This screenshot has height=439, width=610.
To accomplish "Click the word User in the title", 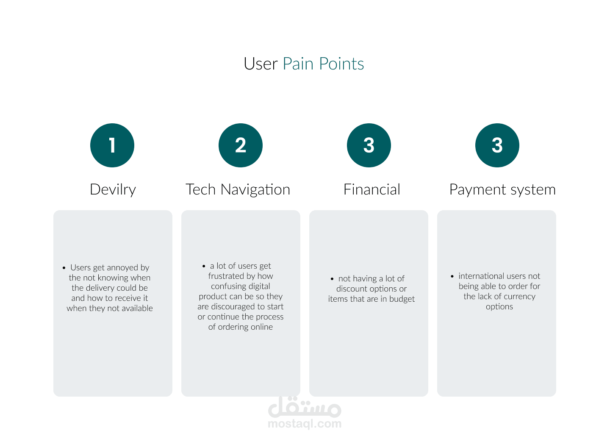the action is coord(261,64).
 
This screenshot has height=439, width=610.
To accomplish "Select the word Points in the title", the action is coord(341,64).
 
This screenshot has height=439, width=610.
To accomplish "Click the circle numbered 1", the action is coord(112,145).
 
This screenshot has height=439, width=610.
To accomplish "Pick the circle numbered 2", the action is coord(241,145).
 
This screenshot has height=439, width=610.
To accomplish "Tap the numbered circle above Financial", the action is coord(369,145).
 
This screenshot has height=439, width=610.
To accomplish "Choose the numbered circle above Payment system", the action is coord(497,145).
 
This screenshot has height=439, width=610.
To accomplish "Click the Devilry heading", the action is coord(113,190).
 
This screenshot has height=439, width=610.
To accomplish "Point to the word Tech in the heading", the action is coord(201,189).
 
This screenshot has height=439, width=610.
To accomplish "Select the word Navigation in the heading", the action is coord(255,190).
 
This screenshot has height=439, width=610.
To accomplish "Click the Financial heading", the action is coord(372,189).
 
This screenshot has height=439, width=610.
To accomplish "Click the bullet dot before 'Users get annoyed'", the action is coord(64,268).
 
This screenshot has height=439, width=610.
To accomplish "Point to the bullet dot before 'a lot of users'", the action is coord(204,267).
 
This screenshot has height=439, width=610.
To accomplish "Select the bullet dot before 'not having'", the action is coord(332,279).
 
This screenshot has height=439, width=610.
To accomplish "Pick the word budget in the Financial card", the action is coord(402,300).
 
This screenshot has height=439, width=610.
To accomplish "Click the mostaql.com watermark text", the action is coord(305,424).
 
